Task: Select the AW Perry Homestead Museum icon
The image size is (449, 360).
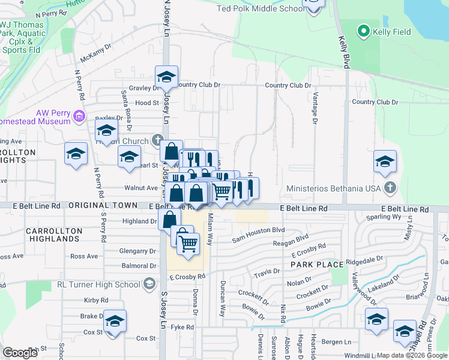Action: pos(79,115)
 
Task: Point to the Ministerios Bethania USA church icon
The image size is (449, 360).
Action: pos(390,188)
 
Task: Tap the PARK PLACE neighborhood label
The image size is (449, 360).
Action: pos(317,265)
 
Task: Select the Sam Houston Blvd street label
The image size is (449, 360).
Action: pos(259,230)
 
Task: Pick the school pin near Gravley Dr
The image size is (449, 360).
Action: pos(167,77)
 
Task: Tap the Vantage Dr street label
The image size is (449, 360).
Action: pos(315,109)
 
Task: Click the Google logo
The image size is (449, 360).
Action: pos(20,353)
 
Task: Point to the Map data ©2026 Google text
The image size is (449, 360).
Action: pos(412,355)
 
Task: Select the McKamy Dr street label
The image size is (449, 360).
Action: pos(96,53)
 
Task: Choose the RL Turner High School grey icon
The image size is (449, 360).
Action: pos(150,284)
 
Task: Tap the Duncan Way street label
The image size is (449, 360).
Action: pos(222,299)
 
